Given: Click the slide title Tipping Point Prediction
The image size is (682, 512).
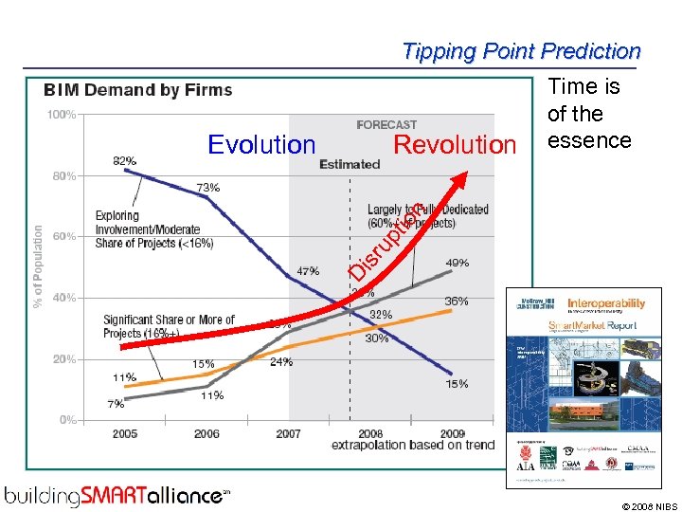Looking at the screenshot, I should coord(521,51).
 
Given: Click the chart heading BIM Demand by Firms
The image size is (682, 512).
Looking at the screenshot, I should coord(137,90).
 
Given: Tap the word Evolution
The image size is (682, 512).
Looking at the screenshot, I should coord(261,144).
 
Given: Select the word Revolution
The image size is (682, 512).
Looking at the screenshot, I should coord(455,144).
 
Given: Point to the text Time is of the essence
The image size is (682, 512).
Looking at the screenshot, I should coord(588,114).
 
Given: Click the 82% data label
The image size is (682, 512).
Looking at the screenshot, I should coord(125,161).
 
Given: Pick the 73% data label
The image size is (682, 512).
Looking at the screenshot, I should coord(207,188).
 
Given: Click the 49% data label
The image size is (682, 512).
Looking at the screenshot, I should coord(457,263).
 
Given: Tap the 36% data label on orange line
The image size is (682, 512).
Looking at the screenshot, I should coord(457,302).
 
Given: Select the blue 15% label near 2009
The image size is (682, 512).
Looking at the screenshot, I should coord(457,384).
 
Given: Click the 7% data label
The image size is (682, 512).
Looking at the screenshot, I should coord(116,404).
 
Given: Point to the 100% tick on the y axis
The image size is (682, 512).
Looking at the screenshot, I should coord(63,115).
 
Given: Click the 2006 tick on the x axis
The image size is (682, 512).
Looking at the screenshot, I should coord(206,434).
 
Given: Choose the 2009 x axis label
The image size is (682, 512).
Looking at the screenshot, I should coord(453,434).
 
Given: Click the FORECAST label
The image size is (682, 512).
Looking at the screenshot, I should coord(386,124).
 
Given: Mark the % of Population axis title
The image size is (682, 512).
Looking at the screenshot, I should coord(38,265).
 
